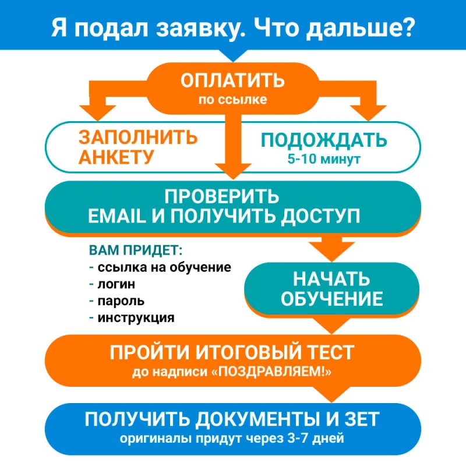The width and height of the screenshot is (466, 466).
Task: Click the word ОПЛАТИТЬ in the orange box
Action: pyautogui.click(x=232, y=80)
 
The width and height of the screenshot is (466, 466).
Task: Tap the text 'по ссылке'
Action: pyautogui.click(x=232, y=100)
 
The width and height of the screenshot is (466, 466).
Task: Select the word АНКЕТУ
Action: pyautogui.click(x=116, y=157)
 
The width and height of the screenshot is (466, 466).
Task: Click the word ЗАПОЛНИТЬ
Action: pyautogui.click(x=138, y=137)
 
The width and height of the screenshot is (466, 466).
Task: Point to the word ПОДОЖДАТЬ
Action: pyautogui.click(x=324, y=140)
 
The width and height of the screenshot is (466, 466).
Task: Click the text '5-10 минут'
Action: pyautogui.click(x=324, y=159)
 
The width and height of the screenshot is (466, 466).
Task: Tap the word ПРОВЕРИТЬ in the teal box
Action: pyautogui.click(x=222, y=196)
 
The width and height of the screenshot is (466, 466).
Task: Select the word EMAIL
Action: pyautogui.click(x=117, y=216)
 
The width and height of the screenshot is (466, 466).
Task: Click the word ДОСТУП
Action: pyautogui.click(x=321, y=216)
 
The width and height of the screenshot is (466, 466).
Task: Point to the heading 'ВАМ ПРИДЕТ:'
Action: pyautogui.click(x=136, y=250)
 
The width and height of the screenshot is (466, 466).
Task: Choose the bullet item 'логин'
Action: pyautogui.click(x=116, y=284)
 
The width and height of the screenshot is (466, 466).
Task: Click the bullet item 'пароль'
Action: pyautogui.click(x=121, y=301)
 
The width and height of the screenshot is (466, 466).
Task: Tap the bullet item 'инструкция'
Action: pyautogui.click(x=136, y=317)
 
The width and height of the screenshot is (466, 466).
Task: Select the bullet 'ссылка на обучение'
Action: pyautogui.click(x=164, y=267)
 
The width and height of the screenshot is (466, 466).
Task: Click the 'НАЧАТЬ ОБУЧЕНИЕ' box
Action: pyautogui.click(x=331, y=288)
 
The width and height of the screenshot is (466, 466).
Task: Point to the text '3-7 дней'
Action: pyautogui.click(x=316, y=439)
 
